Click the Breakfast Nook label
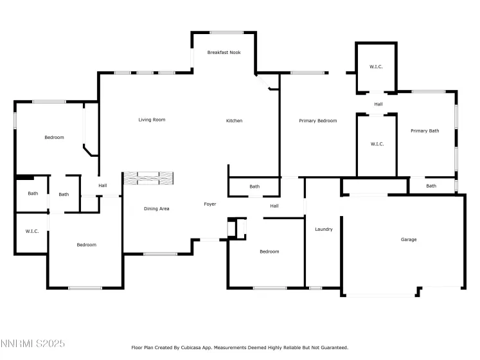[x=224, y=52]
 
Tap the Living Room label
[x=152, y=120]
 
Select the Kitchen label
[x=234, y=121]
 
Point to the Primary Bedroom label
[x=318, y=121]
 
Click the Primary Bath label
[x=425, y=131]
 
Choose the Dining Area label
[x=156, y=208]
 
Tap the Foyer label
[x=210, y=204]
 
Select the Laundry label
[x=323, y=229]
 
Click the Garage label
[x=409, y=240]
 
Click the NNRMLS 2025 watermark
[x=33, y=344]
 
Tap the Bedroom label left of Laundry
[x=269, y=251]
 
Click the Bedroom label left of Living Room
[x=54, y=137]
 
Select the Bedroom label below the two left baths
[x=86, y=244]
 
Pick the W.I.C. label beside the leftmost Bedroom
[x=32, y=231]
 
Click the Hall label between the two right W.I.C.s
[x=378, y=104]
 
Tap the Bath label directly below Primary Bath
[x=431, y=186]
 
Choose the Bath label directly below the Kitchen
[x=254, y=186]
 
